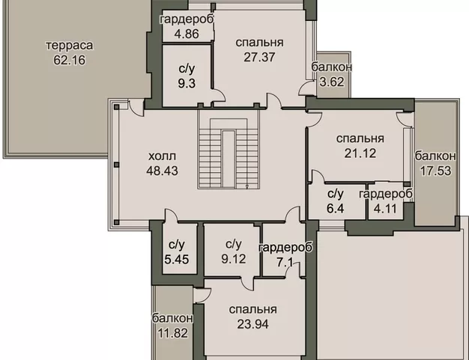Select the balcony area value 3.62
(x=327, y=82)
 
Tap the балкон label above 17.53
(x=434, y=156)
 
